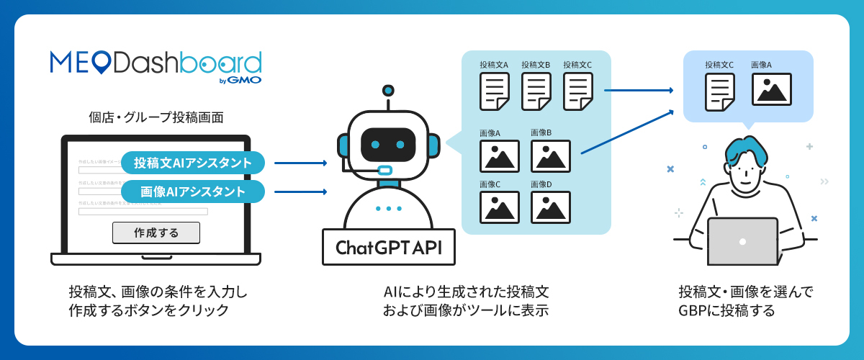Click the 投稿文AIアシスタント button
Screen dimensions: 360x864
click(x=193, y=163)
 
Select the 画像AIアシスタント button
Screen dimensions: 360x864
click(x=193, y=192)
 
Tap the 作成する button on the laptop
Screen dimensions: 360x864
click(x=156, y=233)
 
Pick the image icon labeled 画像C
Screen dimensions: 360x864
click(x=499, y=207)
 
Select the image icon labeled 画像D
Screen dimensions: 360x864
click(x=551, y=207)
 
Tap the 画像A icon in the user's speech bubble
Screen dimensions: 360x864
click(x=771, y=89)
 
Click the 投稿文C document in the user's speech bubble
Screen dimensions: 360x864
click(x=719, y=91)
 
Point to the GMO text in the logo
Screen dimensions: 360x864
click(x=246, y=80)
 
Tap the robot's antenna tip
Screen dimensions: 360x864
click(x=389, y=90)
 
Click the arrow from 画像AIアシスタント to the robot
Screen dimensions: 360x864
click(x=301, y=192)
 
